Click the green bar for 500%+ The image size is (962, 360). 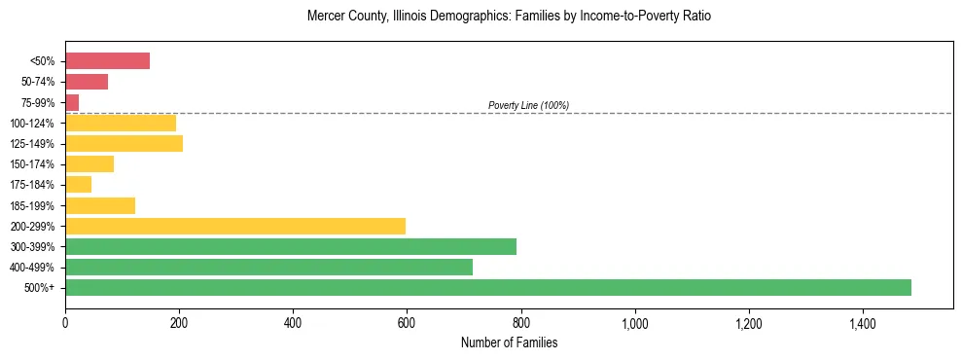click(x=488, y=287)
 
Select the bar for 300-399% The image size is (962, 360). click(x=291, y=246)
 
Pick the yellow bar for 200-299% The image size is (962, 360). click(x=235, y=226)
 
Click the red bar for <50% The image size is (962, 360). click(x=107, y=61)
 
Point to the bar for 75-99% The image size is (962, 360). click(x=72, y=102)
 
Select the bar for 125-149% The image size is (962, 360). click(x=124, y=144)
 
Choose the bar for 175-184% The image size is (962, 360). click(x=78, y=185)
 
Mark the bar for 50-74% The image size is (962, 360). click(x=87, y=82)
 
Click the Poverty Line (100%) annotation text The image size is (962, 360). click(x=528, y=105)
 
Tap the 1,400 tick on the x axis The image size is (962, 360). click(x=863, y=322)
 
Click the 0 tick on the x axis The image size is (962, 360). click(x=65, y=322)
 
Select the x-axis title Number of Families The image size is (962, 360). click(x=509, y=342)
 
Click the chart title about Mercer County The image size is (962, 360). click(x=509, y=17)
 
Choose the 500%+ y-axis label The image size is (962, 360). click(x=39, y=288)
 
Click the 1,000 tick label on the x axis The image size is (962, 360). click(x=635, y=322)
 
